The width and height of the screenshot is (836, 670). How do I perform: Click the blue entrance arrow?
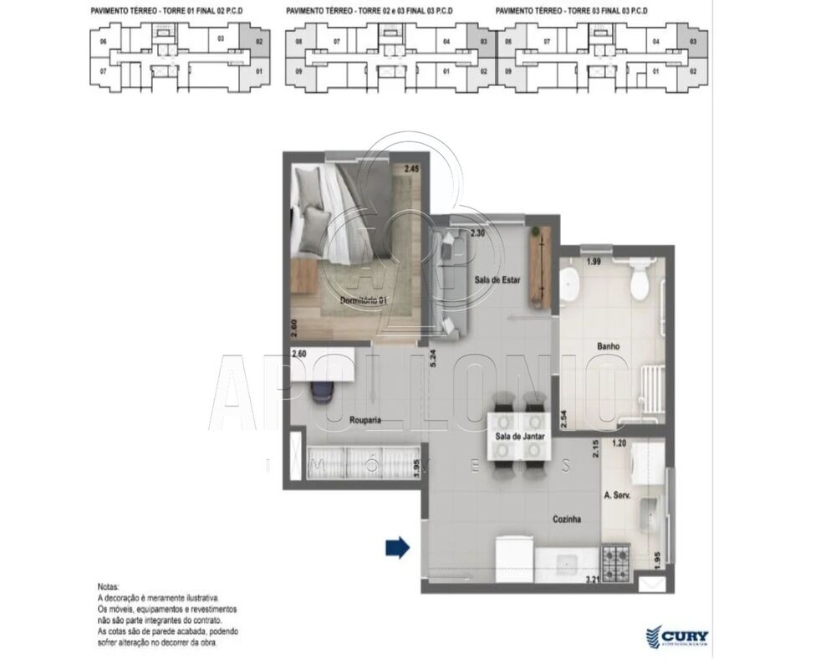pyautogui.click(x=397, y=548)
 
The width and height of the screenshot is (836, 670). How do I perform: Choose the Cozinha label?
pyautogui.click(x=566, y=519)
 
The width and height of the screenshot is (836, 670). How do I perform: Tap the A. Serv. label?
pyautogui.click(x=616, y=495)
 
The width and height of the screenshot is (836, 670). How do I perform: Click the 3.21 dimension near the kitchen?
pyautogui.click(x=593, y=578)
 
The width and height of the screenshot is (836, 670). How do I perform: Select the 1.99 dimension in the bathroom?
pyautogui.click(x=594, y=262)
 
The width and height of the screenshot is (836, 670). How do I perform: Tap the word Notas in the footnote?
pyautogui.click(x=109, y=588)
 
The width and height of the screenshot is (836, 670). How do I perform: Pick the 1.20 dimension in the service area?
pyautogui.click(x=619, y=444)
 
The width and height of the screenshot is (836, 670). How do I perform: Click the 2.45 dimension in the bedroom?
pyautogui.click(x=410, y=170)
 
